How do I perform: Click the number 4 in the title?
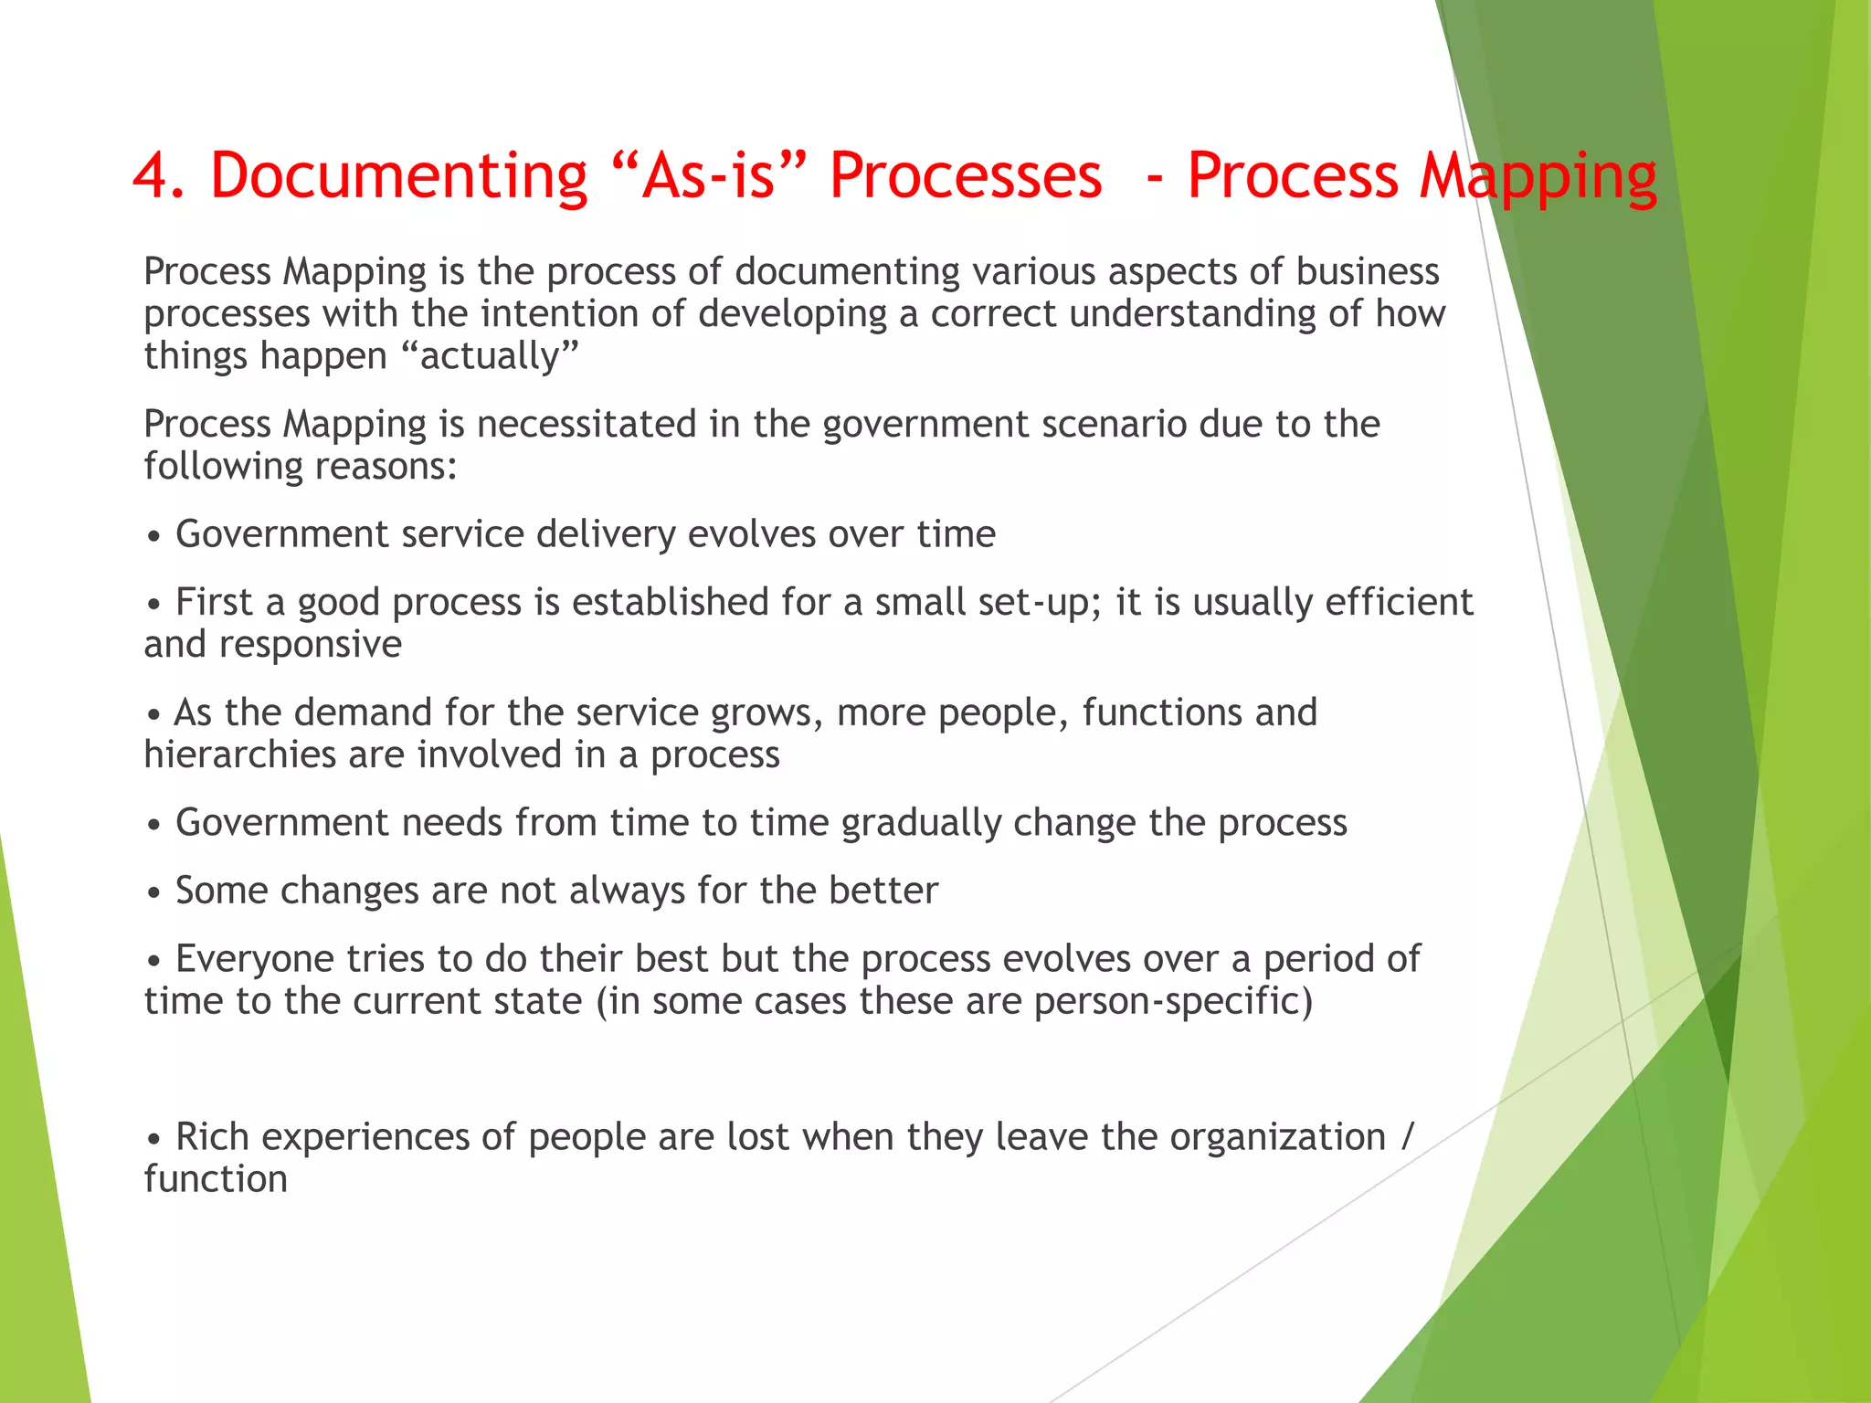pyautogui.click(x=150, y=175)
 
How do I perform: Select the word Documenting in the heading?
pyautogui.click(x=398, y=175)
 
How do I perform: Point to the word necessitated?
pyautogui.click(x=586, y=425)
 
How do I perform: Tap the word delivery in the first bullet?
pyautogui.click(x=605, y=534)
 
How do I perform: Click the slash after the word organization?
pyautogui.click(x=1407, y=1137)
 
